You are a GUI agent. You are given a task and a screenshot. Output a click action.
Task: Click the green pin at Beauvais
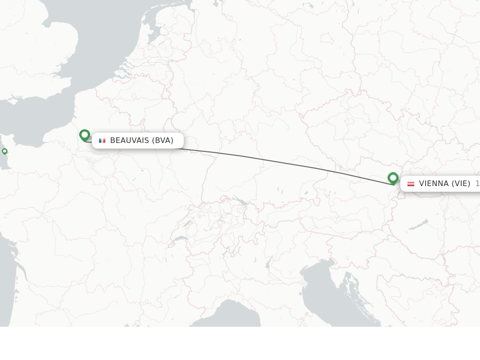tap(84, 135)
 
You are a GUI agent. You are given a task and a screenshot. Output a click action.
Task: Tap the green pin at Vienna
tap(393, 178)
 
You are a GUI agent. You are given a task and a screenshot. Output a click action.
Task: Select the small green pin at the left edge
tap(5, 151)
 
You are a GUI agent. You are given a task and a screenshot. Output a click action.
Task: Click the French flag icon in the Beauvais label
tap(102, 141)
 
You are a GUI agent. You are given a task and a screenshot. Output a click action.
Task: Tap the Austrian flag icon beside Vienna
tap(411, 184)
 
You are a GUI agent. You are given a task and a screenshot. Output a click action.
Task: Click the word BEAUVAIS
tap(129, 141)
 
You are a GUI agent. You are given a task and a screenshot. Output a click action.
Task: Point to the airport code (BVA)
tap(163, 141)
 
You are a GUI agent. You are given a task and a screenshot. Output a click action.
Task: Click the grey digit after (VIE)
tap(477, 184)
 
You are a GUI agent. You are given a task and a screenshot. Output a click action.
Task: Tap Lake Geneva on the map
tap(180, 239)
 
